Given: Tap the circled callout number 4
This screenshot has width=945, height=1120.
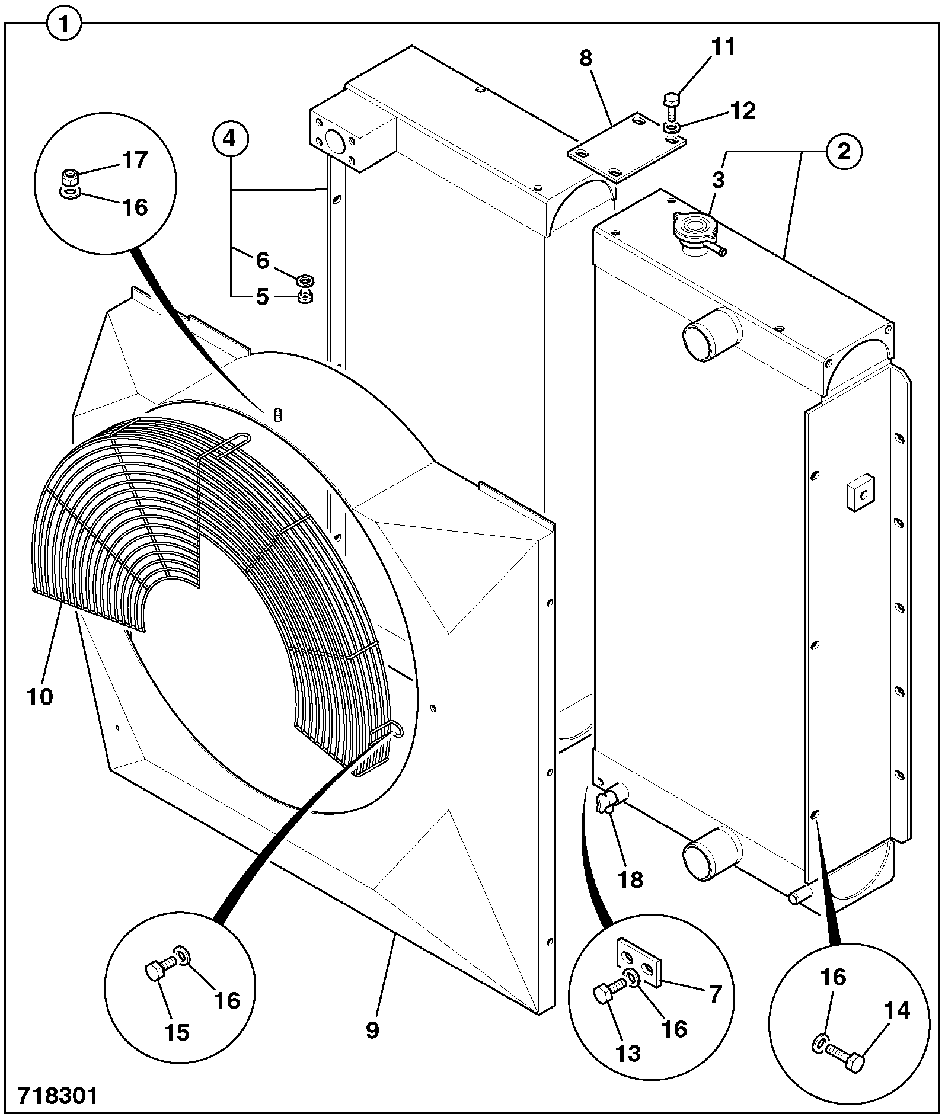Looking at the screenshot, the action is pyautogui.click(x=230, y=139).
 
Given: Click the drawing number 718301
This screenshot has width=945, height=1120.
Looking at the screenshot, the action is pyautogui.click(x=57, y=1095).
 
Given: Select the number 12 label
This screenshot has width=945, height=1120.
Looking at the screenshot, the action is pyautogui.click(x=743, y=111).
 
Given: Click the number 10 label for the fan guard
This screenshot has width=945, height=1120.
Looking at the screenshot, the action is pyautogui.click(x=40, y=696).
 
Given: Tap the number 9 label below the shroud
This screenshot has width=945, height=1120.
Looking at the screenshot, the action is pyautogui.click(x=372, y=1030).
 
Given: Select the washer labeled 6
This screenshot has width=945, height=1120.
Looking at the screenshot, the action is pyautogui.click(x=306, y=279).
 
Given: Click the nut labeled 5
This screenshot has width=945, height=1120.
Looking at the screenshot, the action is pyautogui.click(x=305, y=295).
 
